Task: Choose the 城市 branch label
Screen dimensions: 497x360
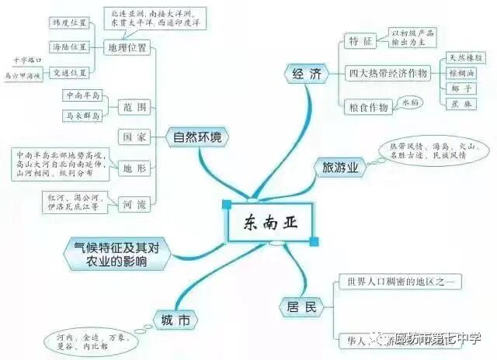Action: pos(175,320)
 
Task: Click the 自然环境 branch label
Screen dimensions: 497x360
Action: pos(196,138)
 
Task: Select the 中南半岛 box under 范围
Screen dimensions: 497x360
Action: pos(82,96)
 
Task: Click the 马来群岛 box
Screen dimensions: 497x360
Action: pos(82,117)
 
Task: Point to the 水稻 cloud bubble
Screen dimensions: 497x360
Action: pos(410,102)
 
